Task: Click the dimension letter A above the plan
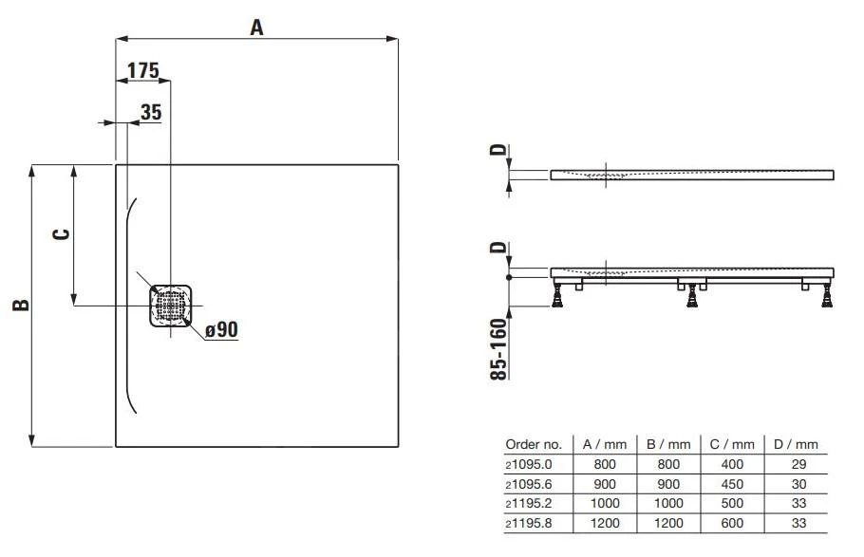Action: (256, 28)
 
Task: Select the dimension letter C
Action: (60, 234)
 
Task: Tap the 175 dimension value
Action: (143, 71)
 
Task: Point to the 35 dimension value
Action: (150, 112)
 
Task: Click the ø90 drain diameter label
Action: (221, 329)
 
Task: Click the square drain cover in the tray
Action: (171, 306)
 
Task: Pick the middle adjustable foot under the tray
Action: (694, 296)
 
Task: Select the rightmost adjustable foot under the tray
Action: (828, 296)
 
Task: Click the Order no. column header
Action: (534, 444)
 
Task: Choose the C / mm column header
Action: (731, 444)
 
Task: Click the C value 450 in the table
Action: (731, 483)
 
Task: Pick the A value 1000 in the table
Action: (605, 502)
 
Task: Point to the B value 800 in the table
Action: (667, 464)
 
